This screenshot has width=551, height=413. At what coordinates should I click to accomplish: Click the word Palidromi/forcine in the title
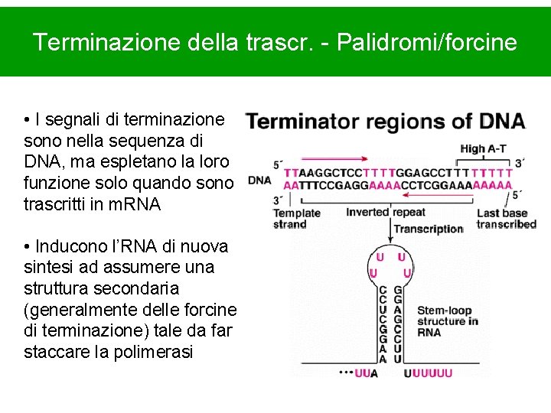(x=437, y=42)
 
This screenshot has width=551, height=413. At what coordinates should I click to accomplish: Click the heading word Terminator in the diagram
(x=302, y=122)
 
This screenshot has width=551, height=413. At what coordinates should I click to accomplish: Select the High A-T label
(x=483, y=149)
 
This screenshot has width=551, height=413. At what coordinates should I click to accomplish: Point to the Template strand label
(x=296, y=219)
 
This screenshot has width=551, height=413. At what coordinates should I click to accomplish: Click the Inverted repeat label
(x=385, y=212)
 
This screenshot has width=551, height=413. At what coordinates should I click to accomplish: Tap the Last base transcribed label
(x=506, y=219)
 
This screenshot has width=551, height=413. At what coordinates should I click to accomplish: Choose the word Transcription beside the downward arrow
(x=429, y=229)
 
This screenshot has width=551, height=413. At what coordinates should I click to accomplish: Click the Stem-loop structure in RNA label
(x=448, y=321)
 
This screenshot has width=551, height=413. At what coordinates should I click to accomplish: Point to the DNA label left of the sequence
(x=260, y=180)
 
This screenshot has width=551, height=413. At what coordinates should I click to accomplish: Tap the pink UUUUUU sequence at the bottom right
(x=428, y=373)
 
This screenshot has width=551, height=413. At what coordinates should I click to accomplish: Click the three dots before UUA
(x=346, y=374)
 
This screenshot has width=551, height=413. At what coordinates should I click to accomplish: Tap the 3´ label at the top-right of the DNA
(x=520, y=163)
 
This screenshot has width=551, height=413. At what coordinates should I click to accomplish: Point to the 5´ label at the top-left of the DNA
(x=278, y=164)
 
